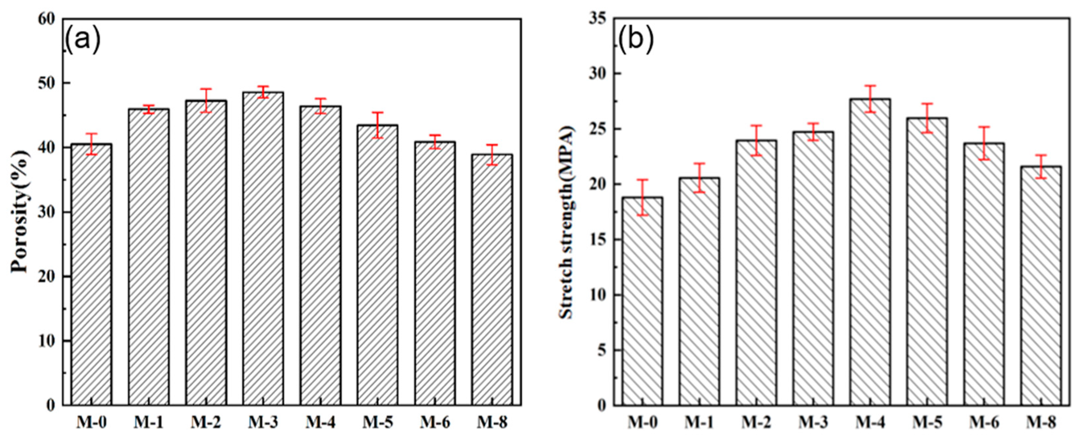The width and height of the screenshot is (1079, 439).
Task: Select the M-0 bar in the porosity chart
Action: (x=91, y=277)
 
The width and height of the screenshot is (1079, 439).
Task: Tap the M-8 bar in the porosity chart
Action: (x=492, y=281)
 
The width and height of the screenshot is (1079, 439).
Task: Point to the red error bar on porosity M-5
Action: (x=377, y=125)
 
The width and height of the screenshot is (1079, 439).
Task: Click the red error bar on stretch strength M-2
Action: (x=756, y=140)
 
